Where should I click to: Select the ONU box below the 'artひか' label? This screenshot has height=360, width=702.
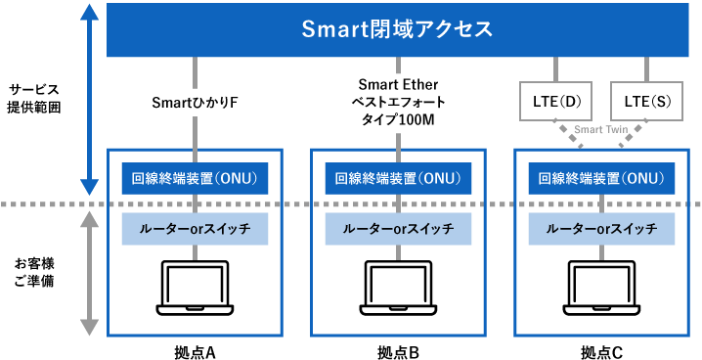pyautogui.click(x=195, y=178)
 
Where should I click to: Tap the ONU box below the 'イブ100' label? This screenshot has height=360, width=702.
pyautogui.click(x=398, y=178)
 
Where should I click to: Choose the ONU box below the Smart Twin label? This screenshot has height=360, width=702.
pyautogui.click(x=601, y=178)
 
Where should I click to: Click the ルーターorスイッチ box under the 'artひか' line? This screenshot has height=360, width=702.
pyautogui.click(x=195, y=229)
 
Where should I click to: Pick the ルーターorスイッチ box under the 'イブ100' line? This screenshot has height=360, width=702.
pyautogui.click(x=398, y=229)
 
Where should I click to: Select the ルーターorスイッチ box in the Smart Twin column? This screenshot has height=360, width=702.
pyautogui.click(x=601, y=229)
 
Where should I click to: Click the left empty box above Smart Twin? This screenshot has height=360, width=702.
pyautogui.click(x=555, y=101)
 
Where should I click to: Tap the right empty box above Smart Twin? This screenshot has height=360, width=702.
pyautogui.click(x=646, y=101)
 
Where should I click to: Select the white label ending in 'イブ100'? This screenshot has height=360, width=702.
pyautogui.click(x=398, y=101)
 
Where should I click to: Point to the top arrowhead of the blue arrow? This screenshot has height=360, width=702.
pyautogui.click(x=89, y=14)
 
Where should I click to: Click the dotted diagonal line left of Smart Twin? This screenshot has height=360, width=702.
pyautogui.click(x=570, y=136)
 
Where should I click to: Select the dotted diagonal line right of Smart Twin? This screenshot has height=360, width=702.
pyautogui.click(x=632, y=136)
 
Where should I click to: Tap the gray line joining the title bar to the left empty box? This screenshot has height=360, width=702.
pyautogui.click(x=555, y=69)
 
